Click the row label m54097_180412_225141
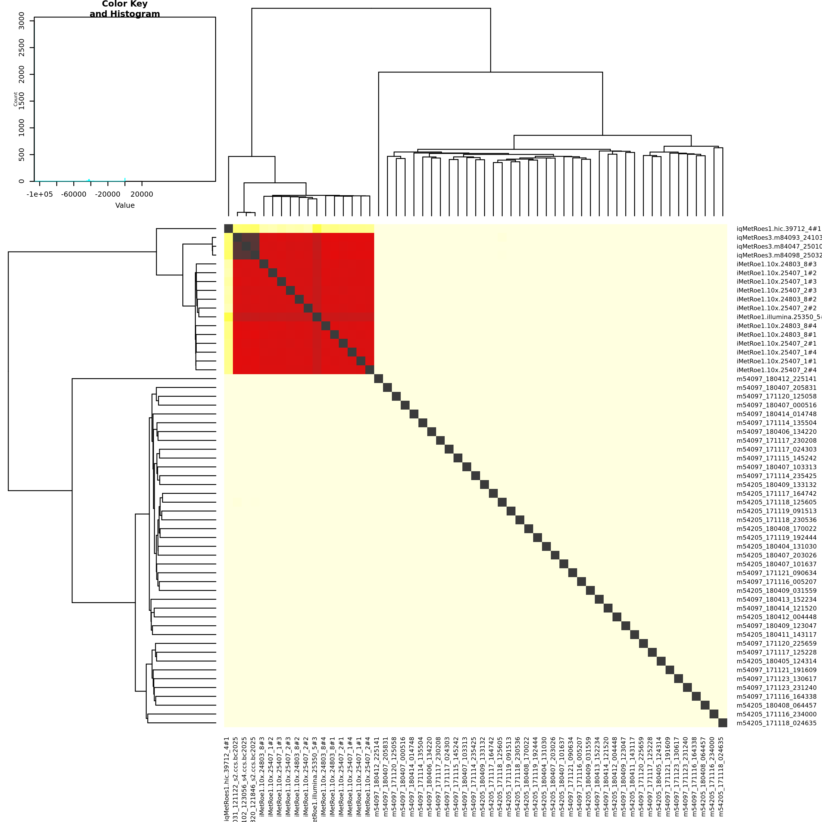(x=776, y=379)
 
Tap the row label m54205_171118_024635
(x=776, y=723)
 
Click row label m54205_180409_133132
(x=776, y=485)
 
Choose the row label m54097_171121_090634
(x=776, y=573)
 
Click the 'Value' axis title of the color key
(x=125, y=205)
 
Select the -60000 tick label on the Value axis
(x=74, y=194)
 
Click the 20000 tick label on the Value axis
(x=142, y=194)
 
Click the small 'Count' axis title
(x=15, y=99)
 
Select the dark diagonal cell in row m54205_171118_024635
(x=722, y=723)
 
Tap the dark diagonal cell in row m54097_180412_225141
(x=378, y=379)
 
